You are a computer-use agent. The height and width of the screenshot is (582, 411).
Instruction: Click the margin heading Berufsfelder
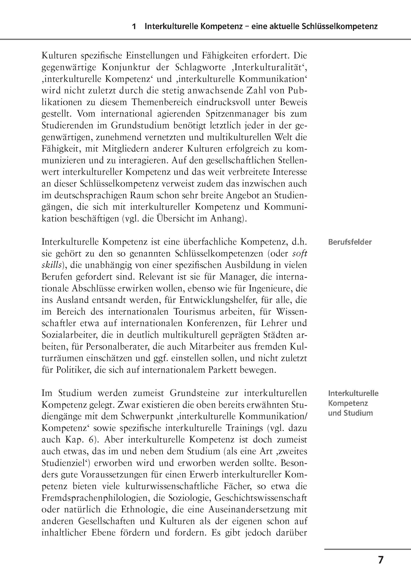tap(350, 242)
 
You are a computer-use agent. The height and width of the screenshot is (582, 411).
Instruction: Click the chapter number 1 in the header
tap(134, 27)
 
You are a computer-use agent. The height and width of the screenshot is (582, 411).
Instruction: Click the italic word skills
tap(51, 265)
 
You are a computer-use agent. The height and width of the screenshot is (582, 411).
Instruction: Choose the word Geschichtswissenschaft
tap(261, 498)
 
